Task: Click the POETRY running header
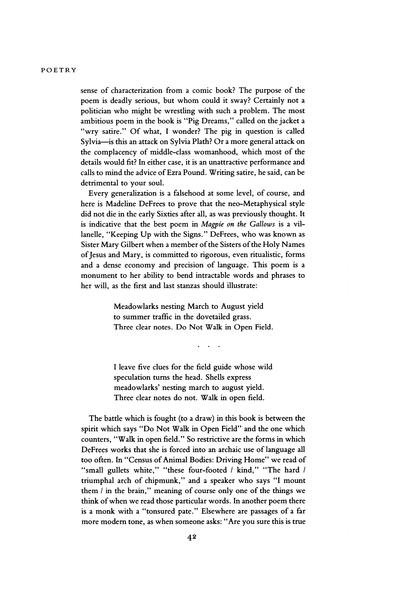(58, 70)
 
